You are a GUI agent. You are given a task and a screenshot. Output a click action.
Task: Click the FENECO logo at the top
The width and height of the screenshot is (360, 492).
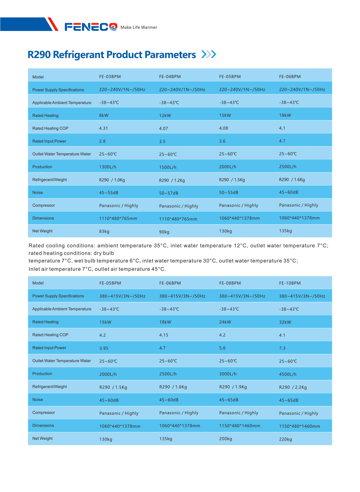91,27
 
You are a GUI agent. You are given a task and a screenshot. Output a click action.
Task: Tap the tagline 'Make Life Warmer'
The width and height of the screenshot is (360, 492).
139,27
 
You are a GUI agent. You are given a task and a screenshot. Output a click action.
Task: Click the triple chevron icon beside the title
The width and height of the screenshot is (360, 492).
209,54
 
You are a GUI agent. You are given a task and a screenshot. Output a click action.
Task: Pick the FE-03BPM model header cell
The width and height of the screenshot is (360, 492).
110,77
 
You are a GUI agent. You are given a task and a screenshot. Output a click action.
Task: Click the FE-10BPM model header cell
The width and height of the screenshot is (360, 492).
290,283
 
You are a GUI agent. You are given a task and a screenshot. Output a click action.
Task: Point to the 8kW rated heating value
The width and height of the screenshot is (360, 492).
104,115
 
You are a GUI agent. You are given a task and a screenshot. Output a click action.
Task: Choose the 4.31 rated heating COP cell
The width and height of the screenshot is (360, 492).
103,128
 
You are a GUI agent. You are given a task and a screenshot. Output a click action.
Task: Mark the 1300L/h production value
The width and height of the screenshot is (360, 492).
108,167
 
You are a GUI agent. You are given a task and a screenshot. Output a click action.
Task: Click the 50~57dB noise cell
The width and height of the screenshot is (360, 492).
168,193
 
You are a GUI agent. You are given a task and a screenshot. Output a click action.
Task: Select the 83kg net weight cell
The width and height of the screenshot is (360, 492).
104,231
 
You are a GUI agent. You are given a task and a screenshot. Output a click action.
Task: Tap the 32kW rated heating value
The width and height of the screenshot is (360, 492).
285,322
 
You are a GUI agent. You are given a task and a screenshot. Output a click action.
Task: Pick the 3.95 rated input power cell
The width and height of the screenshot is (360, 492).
104,348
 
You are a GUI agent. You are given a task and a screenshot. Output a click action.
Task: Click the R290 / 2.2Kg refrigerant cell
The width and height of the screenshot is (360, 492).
293,387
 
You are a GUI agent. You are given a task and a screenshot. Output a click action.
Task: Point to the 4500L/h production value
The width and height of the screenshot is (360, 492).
288,374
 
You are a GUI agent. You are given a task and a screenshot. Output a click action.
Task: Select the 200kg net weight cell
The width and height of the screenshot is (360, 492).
225,439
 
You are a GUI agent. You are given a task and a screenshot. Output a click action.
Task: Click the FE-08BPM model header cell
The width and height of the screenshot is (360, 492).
230,283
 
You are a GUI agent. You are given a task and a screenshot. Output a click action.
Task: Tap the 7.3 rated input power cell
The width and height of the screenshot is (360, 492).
282,348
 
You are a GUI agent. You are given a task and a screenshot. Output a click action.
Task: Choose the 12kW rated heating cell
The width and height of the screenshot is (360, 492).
165,116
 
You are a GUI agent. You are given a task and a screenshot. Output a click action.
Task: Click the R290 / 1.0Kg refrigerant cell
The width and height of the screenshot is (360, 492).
112,180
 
